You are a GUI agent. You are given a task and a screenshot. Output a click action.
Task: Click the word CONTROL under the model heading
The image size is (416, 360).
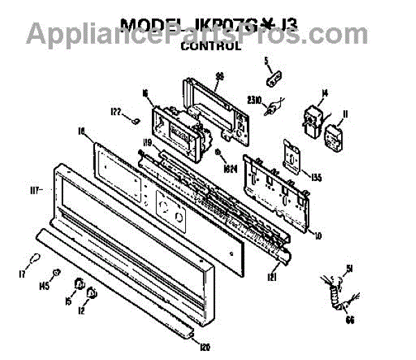[x=210, y=47]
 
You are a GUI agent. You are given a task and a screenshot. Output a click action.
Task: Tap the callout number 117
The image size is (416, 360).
[x=36, y=189]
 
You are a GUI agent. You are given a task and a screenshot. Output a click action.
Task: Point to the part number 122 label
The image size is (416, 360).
[x=114, y=112]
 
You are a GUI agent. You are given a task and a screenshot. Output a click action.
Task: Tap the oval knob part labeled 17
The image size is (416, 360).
[x=33, y=260]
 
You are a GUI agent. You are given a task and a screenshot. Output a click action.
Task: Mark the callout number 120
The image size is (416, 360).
[x=205, y=346]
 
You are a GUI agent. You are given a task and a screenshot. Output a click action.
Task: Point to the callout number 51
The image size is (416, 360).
[x=351, y=268]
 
